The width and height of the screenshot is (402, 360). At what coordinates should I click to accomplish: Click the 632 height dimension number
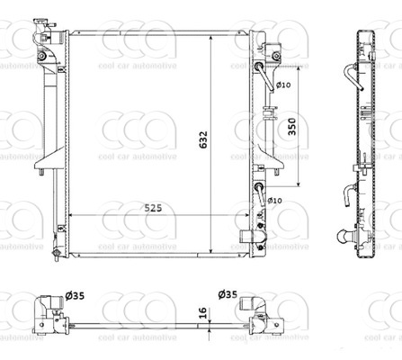203,139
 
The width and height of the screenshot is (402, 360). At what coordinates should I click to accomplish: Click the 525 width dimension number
153,208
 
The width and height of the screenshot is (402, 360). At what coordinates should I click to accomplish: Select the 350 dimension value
292,127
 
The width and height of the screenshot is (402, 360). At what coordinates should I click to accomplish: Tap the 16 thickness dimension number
203,312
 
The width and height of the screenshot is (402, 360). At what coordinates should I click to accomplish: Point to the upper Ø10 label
283,85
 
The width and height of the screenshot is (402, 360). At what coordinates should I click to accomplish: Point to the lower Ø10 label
274,200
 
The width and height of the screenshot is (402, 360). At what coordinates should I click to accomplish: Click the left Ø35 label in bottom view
75,296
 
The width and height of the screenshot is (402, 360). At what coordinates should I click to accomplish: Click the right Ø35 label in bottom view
228,294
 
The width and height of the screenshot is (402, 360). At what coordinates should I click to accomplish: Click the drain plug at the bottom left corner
56,254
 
